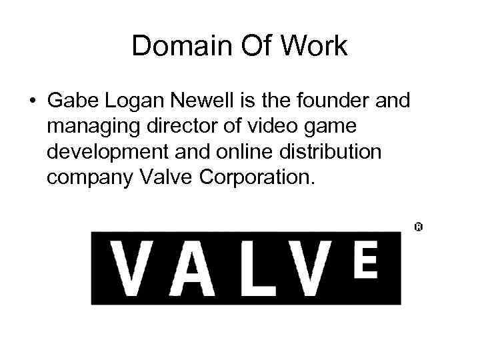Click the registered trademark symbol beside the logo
419,227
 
